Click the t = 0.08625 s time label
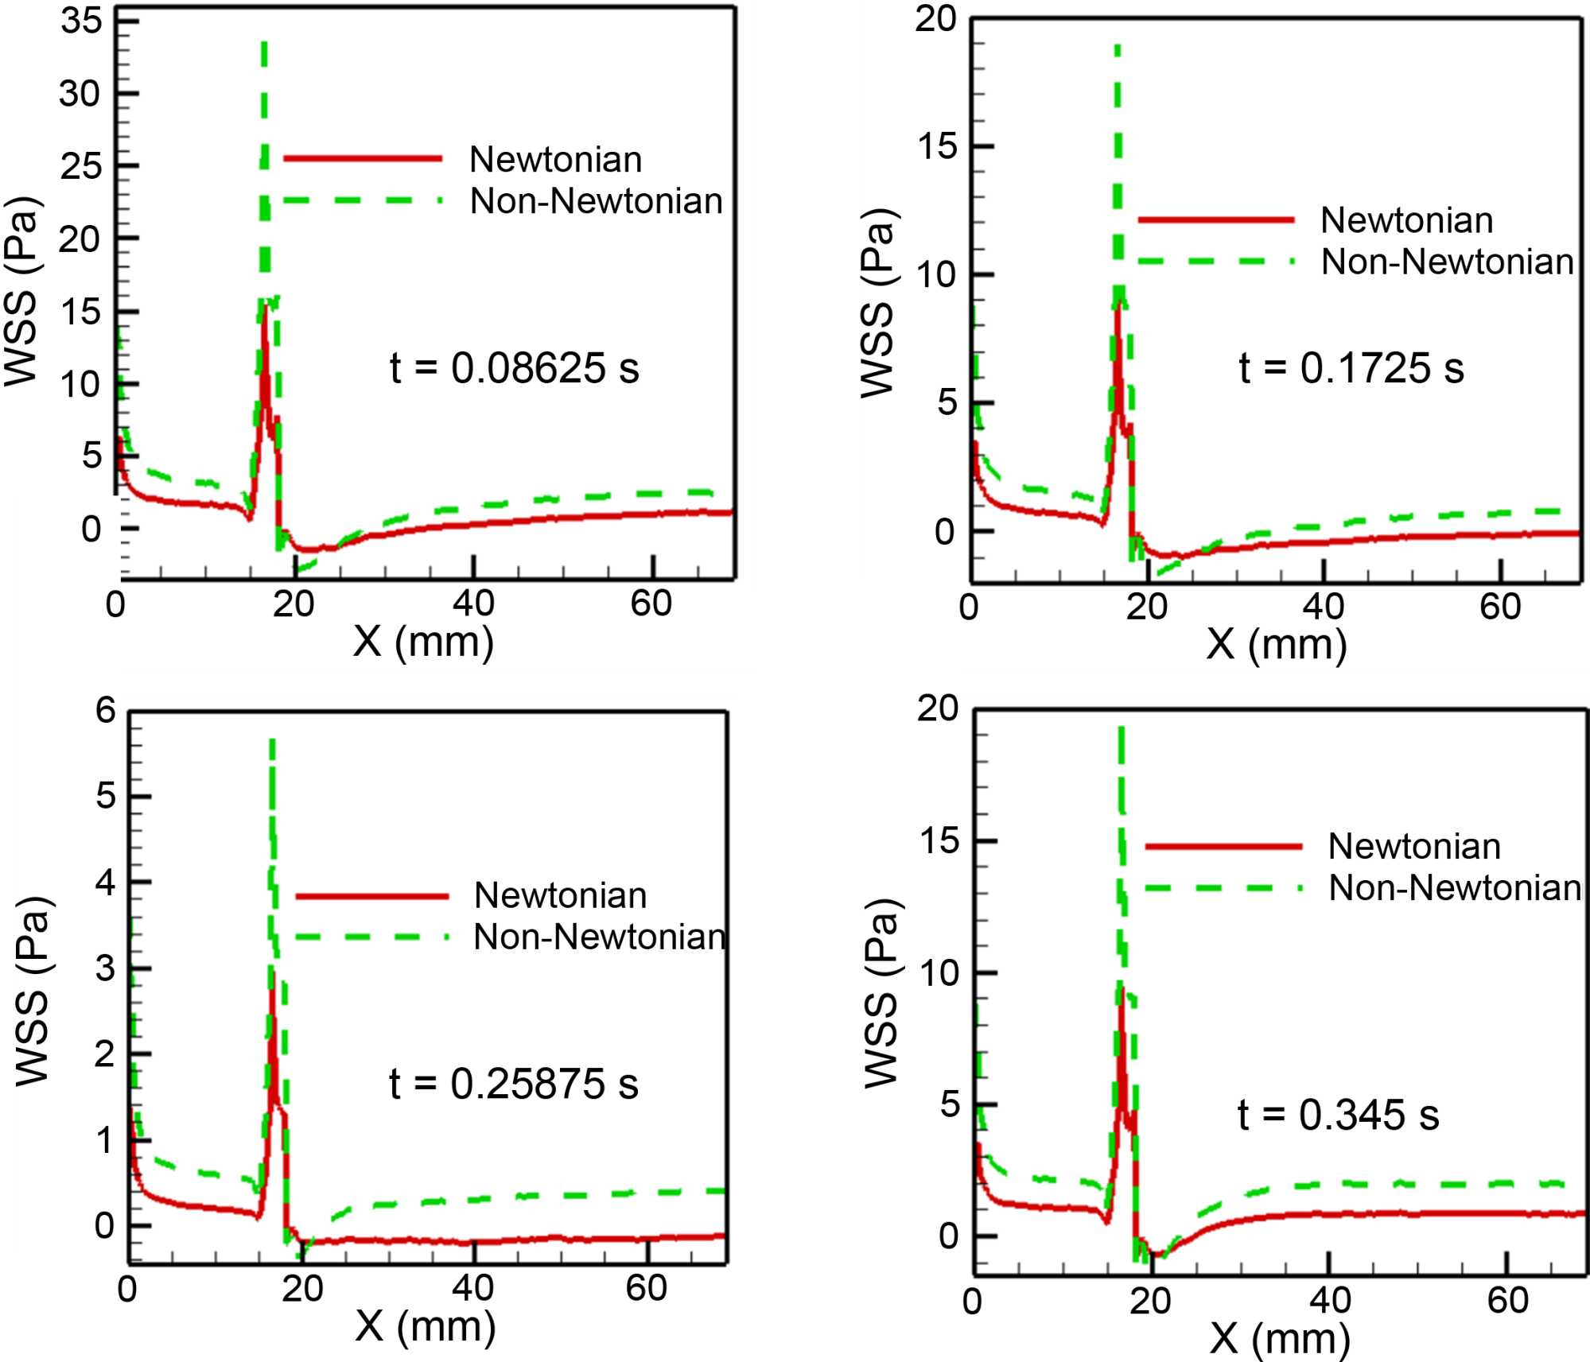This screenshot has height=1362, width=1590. tap(514, 368)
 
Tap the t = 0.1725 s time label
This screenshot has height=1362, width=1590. tap(1351, 368)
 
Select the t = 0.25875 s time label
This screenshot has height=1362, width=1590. tap(513, 1084)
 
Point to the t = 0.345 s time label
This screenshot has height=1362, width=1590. tap(1338, 1115)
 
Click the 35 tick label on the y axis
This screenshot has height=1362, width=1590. tap(81, 21)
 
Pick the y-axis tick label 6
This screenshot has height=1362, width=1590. tap(106, 710)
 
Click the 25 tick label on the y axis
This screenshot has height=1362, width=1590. tap(81, 166)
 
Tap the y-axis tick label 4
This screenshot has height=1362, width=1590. tap(106, 883)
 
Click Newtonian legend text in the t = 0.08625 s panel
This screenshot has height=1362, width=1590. tap(555, 160)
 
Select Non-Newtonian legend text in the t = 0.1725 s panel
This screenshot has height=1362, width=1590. tap(1447, 262)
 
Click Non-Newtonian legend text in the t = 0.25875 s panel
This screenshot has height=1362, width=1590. tap(599, 937)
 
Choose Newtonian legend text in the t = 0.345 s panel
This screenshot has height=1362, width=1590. tap(1414, 846)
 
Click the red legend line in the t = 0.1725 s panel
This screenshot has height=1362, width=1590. tap(1215, 219)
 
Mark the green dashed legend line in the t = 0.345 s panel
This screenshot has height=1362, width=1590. tap(1223, 888)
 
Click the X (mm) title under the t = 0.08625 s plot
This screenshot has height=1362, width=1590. tap(423, 641)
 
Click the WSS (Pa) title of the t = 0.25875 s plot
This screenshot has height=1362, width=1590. tap(33, 991)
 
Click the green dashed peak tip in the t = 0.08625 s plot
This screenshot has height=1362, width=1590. tap(264, 44)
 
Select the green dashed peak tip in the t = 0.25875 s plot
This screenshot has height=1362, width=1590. tap(272, 741)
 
